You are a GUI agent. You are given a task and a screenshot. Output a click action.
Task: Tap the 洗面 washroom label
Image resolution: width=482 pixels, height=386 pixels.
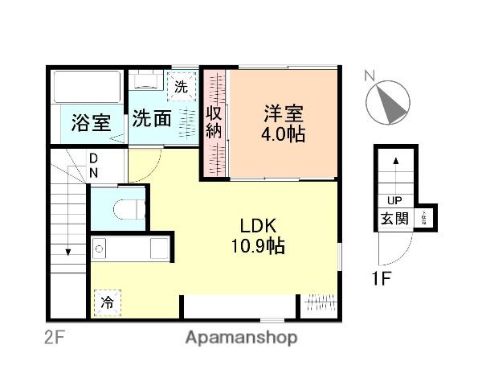pyautogui.click(x=152, y=119)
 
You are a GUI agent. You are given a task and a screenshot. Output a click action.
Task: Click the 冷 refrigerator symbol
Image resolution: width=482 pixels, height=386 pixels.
pyautogui.click(x=106, y=302)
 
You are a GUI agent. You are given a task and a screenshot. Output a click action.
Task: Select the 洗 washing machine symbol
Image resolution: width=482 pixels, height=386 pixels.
pyautogui.click(x=182, y=86)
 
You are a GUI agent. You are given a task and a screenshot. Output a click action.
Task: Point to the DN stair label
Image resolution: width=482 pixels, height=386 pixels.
pyautogui.click(x=94, y=166)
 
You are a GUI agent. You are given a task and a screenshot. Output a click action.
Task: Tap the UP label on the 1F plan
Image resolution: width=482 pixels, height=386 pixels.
pyautogui.click(x=394, y=201)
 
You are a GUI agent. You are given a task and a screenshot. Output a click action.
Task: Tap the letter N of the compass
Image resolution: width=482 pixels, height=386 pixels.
pyautogui.click(x=370, y=76)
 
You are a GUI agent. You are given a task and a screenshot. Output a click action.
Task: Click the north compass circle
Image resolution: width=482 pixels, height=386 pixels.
pyautogui.click(x=388, y=102)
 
